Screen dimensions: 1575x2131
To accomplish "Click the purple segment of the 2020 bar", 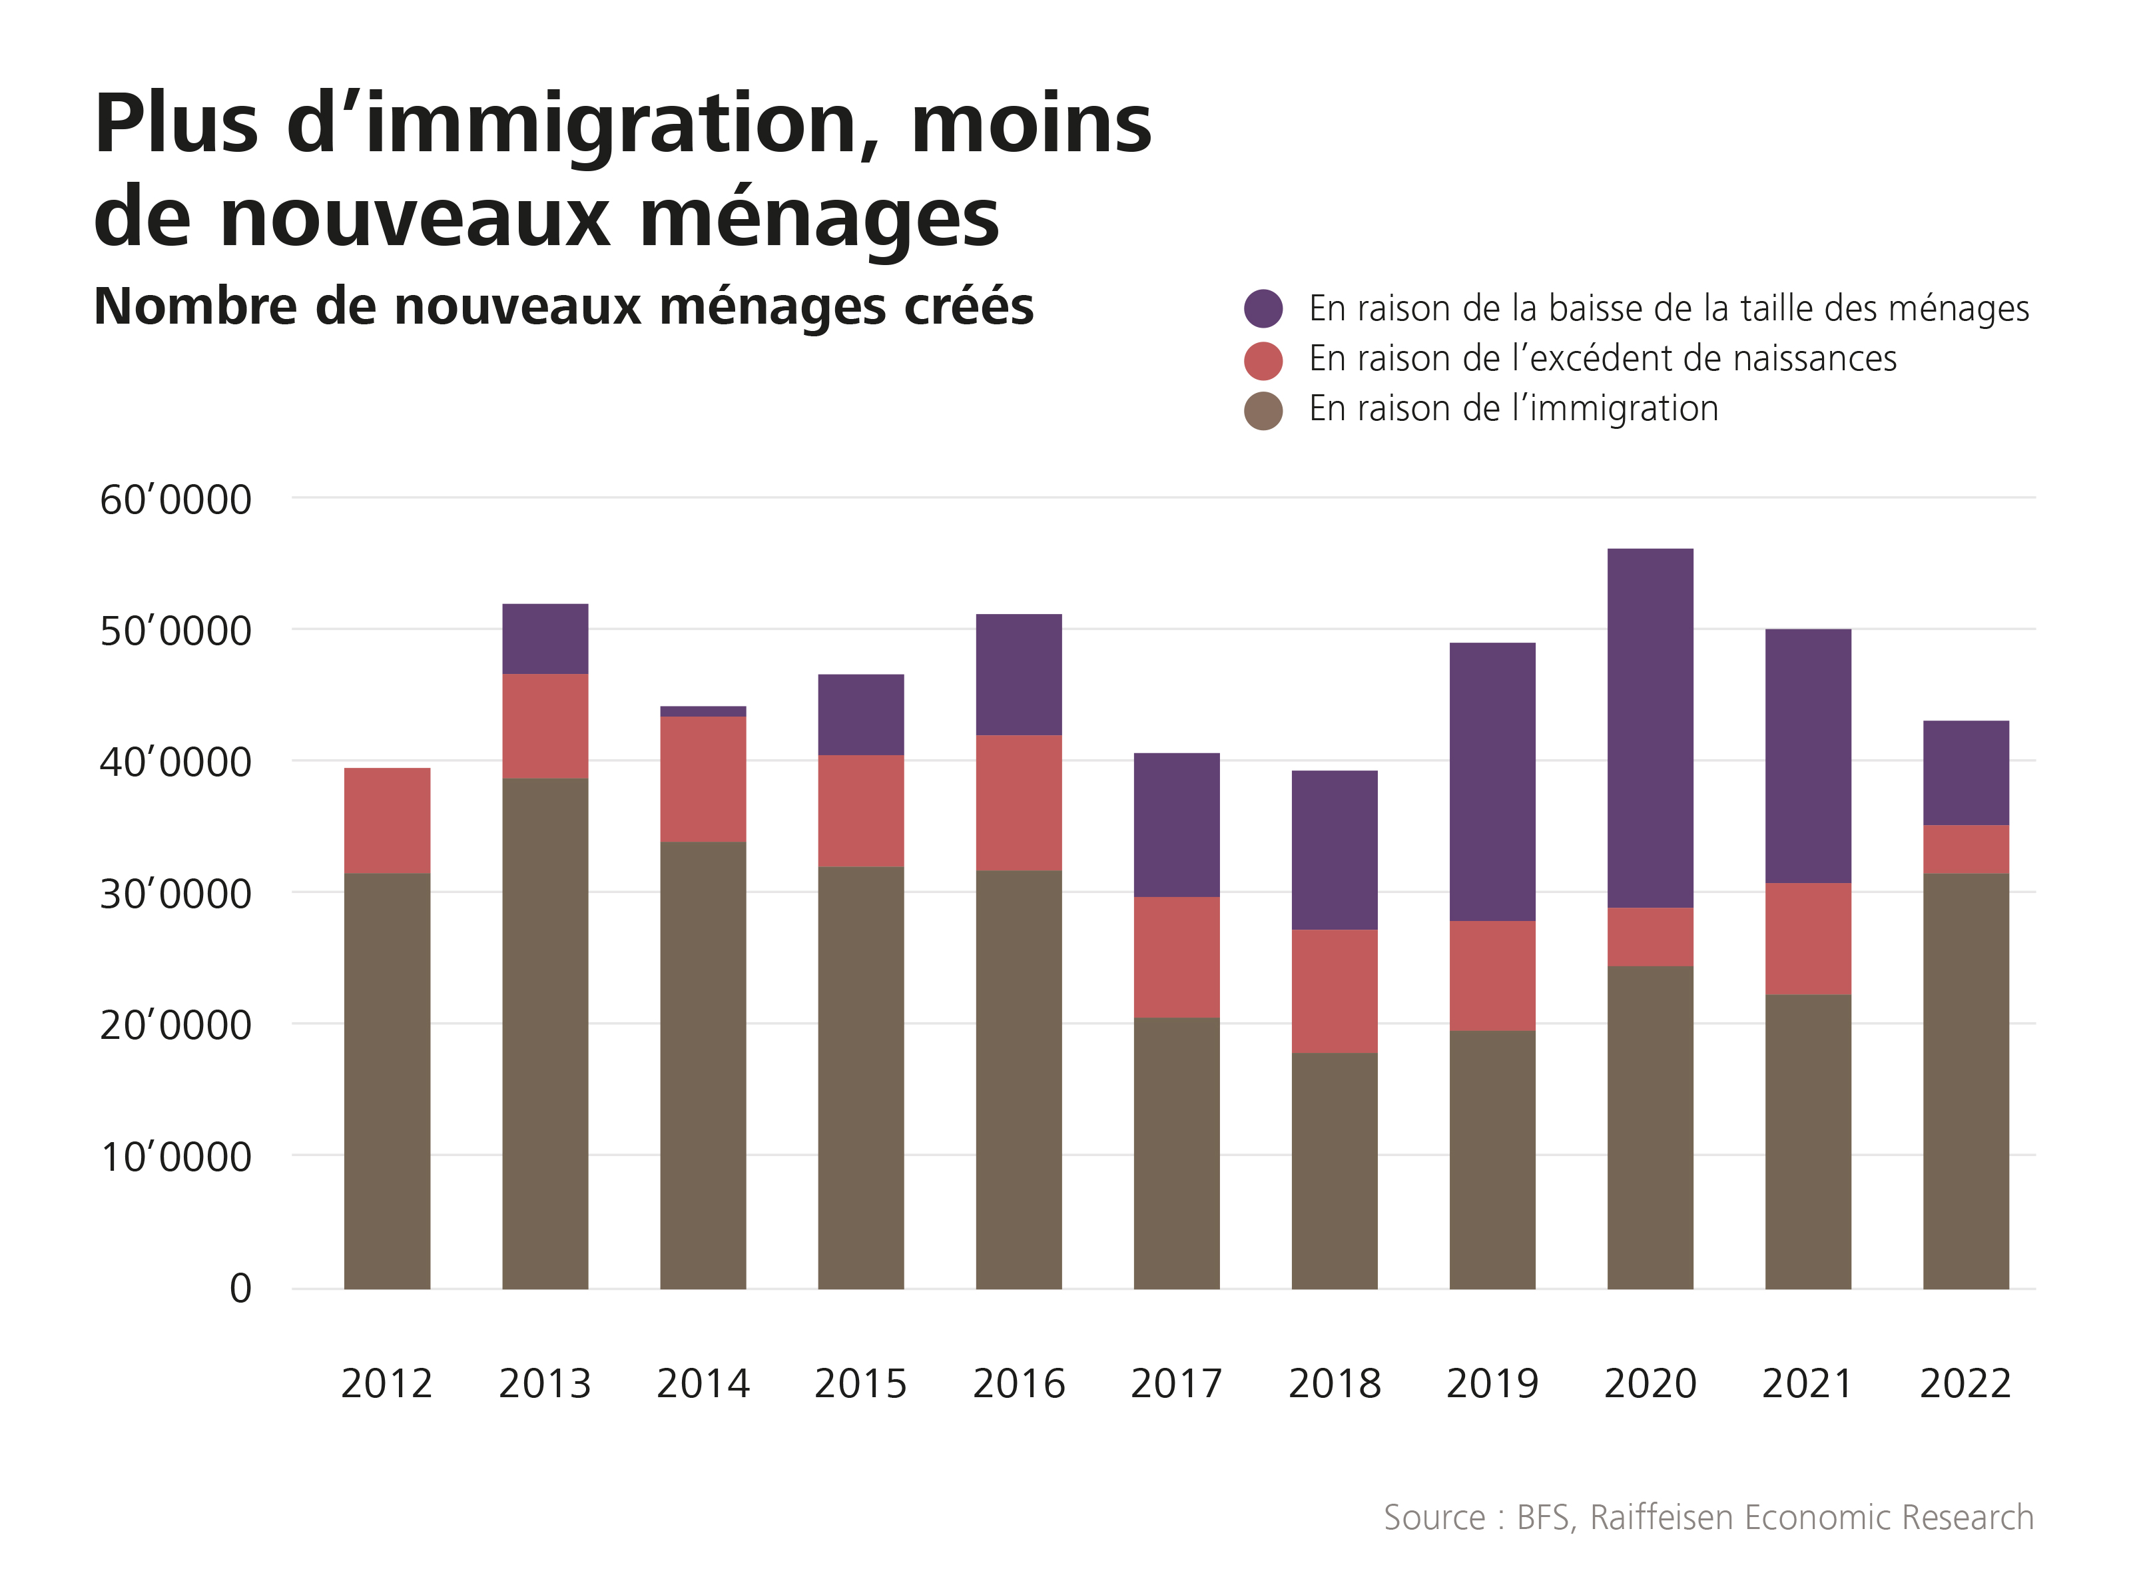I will [1650, 727].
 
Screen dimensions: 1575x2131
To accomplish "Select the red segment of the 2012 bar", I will [387, 820].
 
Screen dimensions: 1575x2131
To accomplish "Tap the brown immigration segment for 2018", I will [1334, 1171].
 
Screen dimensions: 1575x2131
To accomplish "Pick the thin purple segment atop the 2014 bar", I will [703, 711].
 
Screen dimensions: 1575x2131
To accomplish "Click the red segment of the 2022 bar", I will [1965, 848].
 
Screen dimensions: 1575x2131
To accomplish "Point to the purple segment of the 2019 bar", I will [1492, 782].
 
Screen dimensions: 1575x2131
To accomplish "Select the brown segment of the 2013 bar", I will [545, 1034].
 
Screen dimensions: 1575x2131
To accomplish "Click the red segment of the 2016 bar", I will [1018, 802].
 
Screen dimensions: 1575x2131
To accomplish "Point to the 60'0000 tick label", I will [175, 499].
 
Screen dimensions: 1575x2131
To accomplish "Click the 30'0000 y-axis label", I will [175, 894].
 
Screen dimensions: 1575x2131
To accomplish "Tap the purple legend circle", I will [1263, 308].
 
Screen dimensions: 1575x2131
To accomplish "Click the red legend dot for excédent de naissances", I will [1263, 360].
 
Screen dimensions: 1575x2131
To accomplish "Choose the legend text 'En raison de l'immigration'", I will [1513, 409].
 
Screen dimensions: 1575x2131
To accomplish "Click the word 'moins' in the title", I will [1031, 124].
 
